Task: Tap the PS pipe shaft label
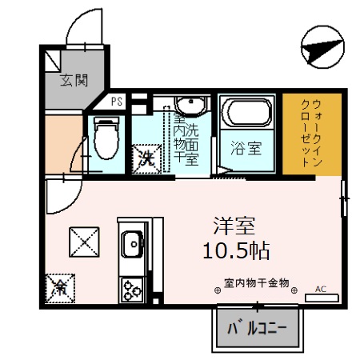(x=117, y=102)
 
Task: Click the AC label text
(x=322, y=288)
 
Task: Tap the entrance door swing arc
(x=84, y=28)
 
